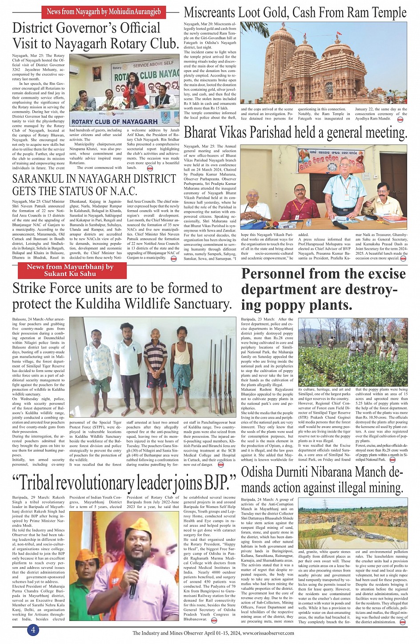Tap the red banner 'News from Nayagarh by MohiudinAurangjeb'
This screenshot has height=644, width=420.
pyautogui.click(x=104, y=12)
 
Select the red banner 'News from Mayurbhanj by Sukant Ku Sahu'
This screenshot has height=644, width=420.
pyautogui.click(x=70, y=270)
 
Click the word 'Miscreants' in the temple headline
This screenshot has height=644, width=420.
pyautogui.click(x=210, y=12)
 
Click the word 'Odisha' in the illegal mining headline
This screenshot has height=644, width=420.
pyautogui.click(x=260, y=472)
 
